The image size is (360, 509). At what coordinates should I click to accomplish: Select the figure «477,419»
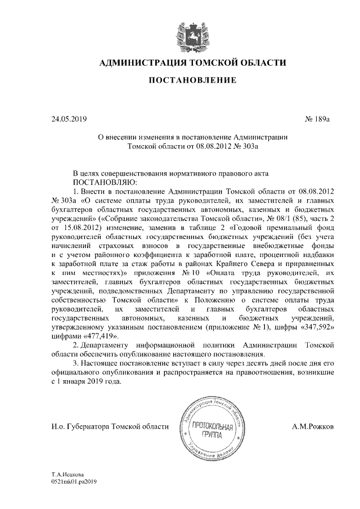(99, 335)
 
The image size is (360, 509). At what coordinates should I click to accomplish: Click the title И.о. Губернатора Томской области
(106, 427)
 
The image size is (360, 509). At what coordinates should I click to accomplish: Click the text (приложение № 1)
(236, 326)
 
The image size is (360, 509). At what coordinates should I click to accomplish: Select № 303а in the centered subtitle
(240, 146)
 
